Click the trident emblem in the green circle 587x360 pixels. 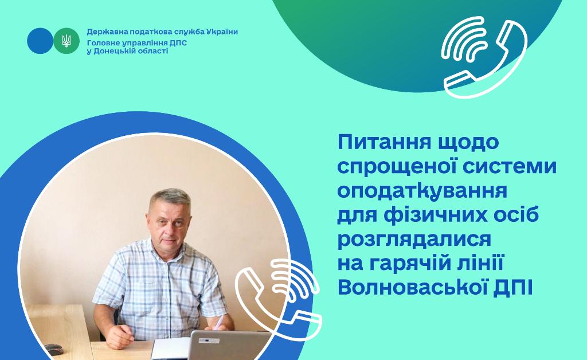point(66,41)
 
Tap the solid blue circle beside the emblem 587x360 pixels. point(40,41)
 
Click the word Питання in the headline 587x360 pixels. point(385,142)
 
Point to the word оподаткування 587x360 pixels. point(422,191)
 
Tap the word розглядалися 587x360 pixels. point(414,240)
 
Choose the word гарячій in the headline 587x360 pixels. point(409,264)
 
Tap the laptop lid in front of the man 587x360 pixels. point(228,345)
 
